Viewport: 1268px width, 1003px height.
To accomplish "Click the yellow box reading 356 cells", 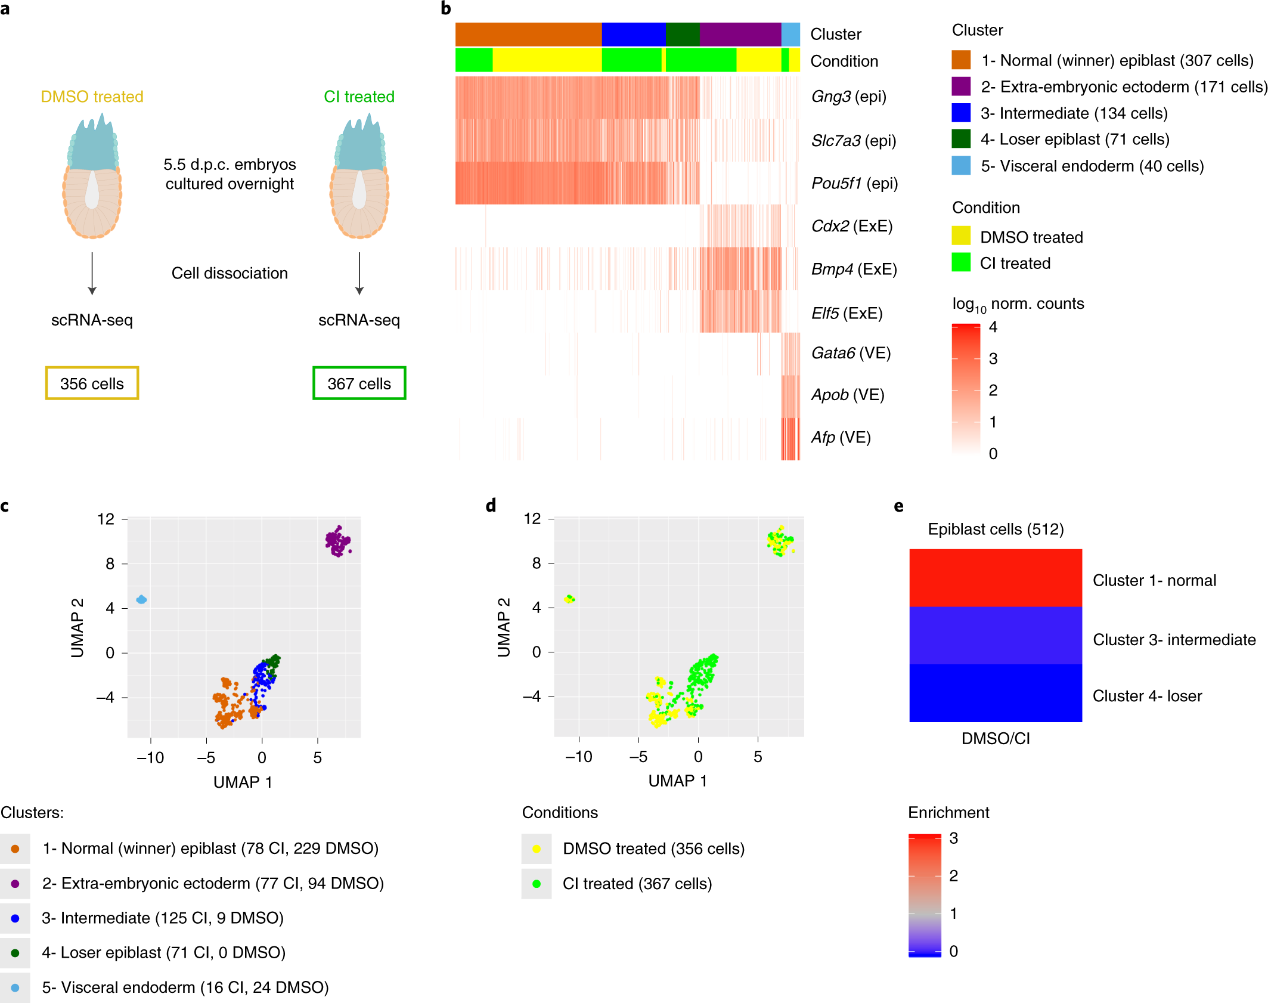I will (x=92, y=383).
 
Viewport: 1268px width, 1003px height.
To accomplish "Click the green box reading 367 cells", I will (x=359, y=383).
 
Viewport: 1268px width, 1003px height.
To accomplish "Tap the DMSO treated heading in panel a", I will (x=92, y=97).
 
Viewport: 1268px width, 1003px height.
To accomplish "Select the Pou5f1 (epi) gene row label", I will (x=854, y=183).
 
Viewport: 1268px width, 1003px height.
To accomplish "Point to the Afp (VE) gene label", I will (x=841, y=438).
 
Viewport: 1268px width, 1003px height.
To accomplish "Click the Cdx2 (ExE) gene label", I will (x=851, y=226).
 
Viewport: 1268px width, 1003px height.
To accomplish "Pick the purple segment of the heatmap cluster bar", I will (x=740, y=35).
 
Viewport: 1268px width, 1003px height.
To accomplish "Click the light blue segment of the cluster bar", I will (x=790, y=35).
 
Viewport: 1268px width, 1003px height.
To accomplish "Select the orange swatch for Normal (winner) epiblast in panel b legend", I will (x=960, y=60).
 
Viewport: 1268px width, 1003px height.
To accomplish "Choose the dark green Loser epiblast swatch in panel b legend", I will (x=960, y=139).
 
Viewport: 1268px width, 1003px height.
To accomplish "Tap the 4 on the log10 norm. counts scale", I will (x=993, y=327).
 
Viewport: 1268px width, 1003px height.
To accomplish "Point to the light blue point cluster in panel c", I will (x=141, y=599).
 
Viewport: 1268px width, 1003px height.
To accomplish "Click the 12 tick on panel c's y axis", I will (x=106, y=519).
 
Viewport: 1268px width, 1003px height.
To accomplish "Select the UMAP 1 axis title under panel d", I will (x=677, y=781).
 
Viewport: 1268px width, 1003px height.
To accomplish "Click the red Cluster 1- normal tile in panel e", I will (x=995, y=578).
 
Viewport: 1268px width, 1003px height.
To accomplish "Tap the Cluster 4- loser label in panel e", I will (x=1146, y=696).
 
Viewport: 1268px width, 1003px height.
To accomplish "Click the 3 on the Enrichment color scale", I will (x=953, y=838).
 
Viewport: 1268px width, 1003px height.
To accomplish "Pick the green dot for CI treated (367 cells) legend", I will (x=537, y=884).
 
